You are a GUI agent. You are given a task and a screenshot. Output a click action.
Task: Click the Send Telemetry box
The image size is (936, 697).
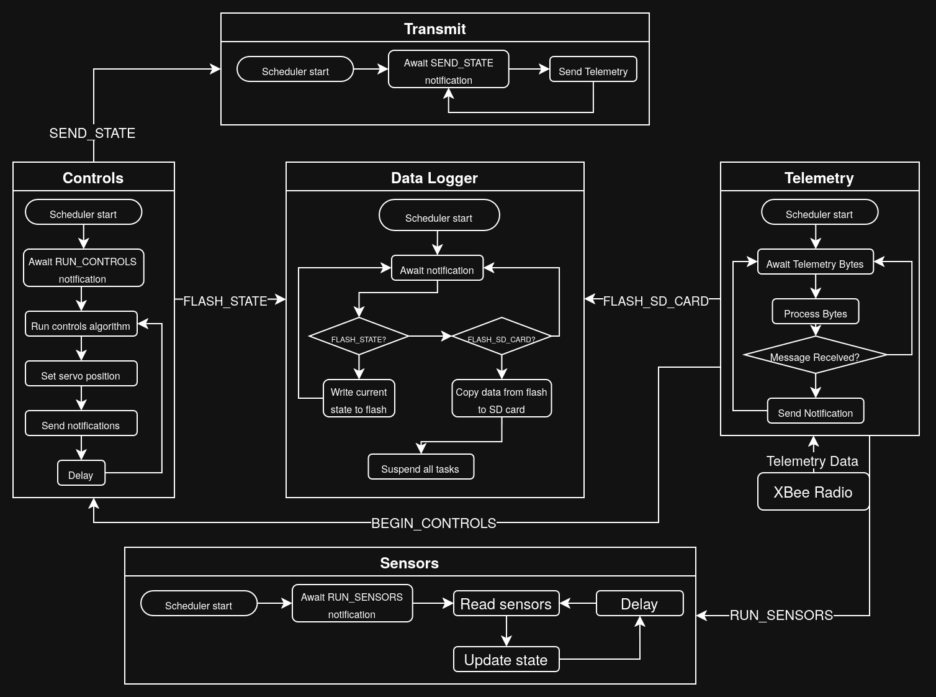click(593, 70)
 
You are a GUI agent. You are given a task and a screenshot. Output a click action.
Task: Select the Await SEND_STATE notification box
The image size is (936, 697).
click(448, 70)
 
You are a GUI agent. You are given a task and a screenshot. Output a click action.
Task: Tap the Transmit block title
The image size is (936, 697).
click(434, 29)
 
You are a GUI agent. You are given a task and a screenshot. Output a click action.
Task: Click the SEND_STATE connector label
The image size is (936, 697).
click(92, 134)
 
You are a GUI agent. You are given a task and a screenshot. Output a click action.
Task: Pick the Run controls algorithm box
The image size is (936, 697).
click(81, 324)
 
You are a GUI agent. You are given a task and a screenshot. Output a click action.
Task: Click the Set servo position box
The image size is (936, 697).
click(81, 374)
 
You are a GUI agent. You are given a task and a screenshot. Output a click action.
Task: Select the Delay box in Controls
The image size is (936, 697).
click(81, 473)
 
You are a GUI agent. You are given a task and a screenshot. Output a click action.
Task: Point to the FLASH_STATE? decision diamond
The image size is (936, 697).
click(359, 337)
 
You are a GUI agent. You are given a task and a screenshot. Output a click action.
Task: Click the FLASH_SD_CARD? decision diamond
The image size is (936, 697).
click(502, 337)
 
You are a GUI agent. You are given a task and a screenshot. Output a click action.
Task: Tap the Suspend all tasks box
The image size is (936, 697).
click(420, 467)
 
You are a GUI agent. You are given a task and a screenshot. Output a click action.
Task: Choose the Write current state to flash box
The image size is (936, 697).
click(359, 399)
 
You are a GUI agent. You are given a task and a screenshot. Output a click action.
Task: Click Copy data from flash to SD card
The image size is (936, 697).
click(502, 399)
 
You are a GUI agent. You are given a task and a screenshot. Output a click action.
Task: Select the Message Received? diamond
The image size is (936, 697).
click(815, 355)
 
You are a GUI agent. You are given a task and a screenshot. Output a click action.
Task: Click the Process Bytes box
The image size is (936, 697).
click(815, 312)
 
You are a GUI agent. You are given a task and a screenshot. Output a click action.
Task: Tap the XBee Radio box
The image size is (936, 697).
click(812, 492)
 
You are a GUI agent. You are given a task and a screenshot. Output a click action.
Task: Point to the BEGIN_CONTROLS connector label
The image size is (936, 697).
click(433, 523)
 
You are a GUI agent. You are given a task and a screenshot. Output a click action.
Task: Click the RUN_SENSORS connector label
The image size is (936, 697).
click(781, 616)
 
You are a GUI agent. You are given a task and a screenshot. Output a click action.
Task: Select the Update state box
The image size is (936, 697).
click(506, 660)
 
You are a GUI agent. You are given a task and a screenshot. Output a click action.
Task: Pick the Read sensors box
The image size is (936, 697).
click(506, 604)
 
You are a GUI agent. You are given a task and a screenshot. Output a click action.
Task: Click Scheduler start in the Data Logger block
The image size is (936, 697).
click(439, 216)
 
